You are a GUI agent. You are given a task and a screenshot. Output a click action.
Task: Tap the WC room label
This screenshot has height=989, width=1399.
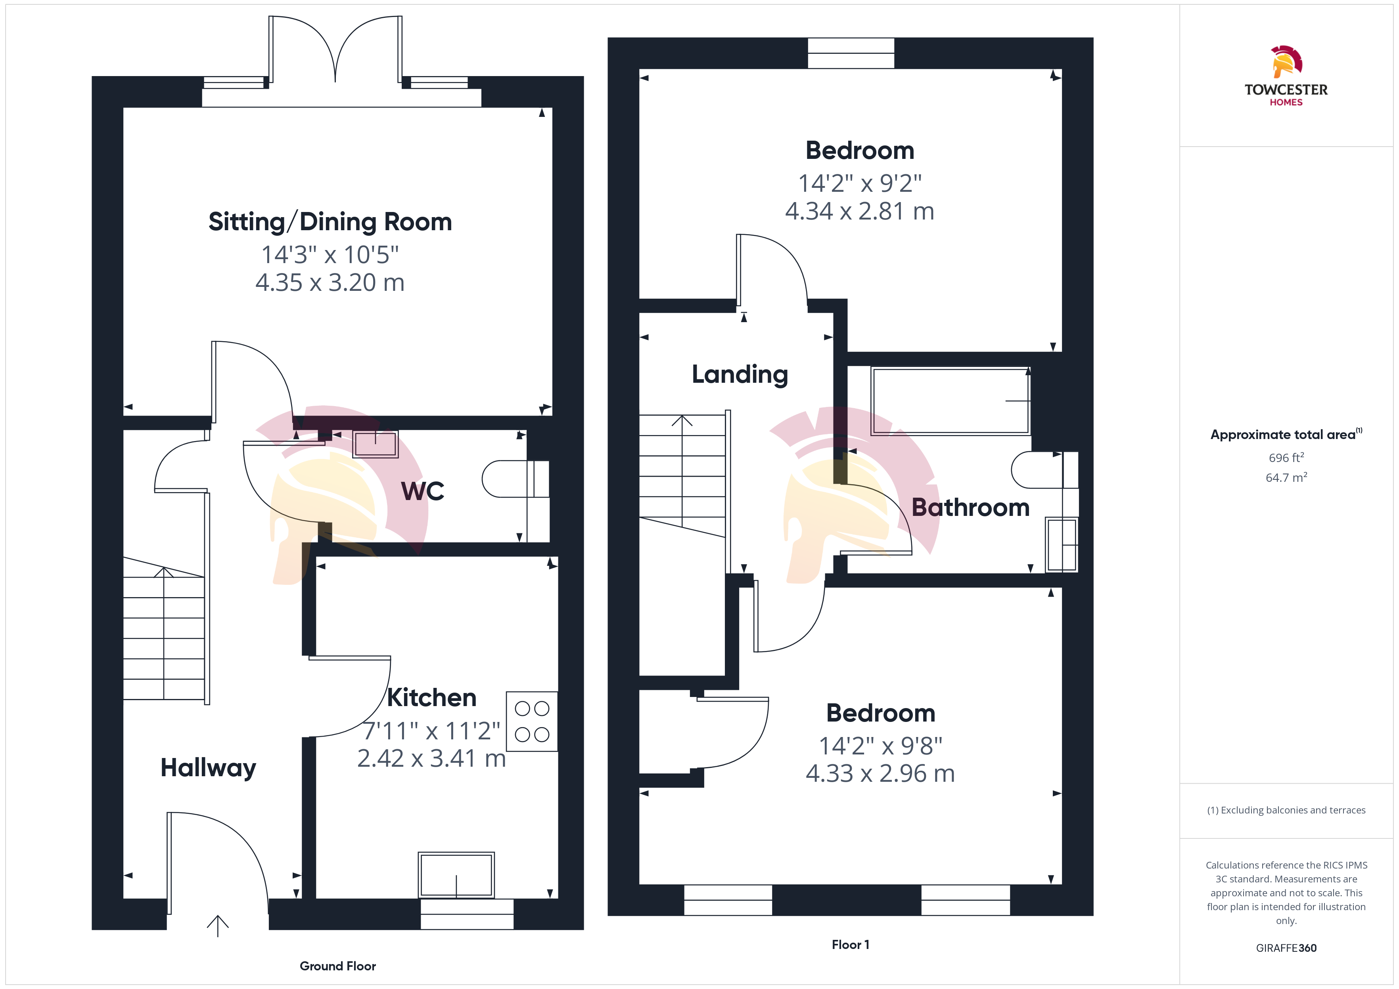[x=422, y=491]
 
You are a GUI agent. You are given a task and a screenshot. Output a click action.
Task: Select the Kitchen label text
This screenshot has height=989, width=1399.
[x=431, y=698]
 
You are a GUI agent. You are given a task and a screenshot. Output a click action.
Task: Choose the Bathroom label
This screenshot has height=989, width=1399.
[x=970, y=507]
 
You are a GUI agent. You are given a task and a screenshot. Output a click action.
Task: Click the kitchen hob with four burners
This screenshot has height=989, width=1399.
[x=532, y=721]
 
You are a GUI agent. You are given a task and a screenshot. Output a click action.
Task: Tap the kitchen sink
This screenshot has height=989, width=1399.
[x=456, y=874]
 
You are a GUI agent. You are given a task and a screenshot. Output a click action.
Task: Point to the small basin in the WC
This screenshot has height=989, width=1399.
[x=376, y=443]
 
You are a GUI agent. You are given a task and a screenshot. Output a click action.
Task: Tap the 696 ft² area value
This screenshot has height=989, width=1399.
[x=1286, y=457]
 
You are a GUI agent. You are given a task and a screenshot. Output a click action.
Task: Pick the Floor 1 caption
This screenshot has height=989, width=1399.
[x=851, y=945]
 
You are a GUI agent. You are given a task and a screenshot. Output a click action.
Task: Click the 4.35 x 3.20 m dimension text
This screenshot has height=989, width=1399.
[x=330, y=283]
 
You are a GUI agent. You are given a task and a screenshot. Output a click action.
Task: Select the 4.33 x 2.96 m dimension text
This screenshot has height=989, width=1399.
[x=880, y=773]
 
